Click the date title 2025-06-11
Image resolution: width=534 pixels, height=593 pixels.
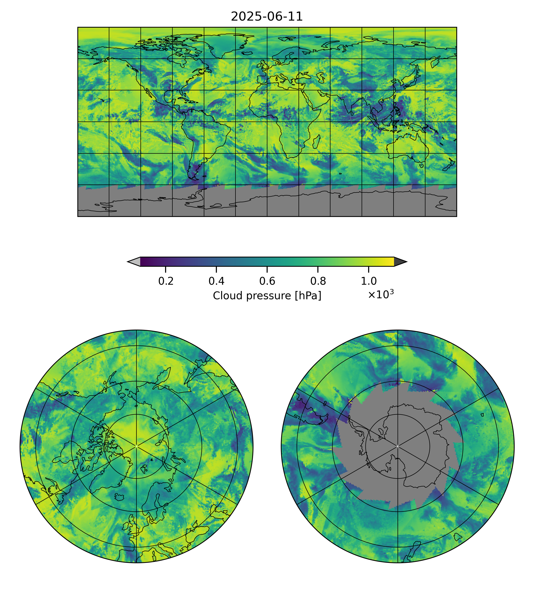[267, 17]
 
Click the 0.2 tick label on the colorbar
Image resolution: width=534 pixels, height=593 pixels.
[166, 281]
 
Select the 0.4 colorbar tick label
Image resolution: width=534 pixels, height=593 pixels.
[217, 281]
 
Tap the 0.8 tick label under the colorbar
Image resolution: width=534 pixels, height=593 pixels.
[318, 281]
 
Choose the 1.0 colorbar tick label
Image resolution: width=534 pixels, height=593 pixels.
[368, 281]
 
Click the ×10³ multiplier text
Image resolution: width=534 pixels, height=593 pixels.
[380, 294]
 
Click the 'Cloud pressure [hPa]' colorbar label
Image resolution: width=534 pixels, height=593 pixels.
[267, 296]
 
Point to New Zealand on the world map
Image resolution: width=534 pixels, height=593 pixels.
[448, 166]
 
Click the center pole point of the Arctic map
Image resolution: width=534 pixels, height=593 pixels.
[136, 446]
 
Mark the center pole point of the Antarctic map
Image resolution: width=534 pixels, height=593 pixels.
[398, 446]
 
